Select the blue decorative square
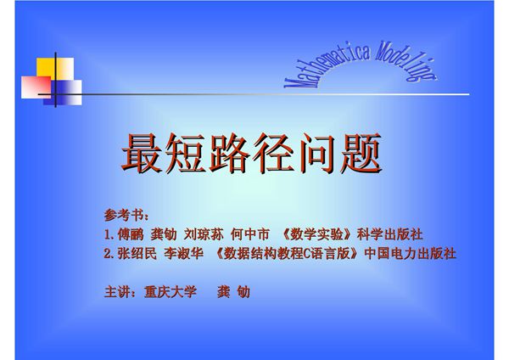[67, 93]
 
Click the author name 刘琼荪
[203, 233]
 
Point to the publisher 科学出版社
[389, 233]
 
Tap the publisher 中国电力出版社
[411, 254]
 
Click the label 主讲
[118, 291]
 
